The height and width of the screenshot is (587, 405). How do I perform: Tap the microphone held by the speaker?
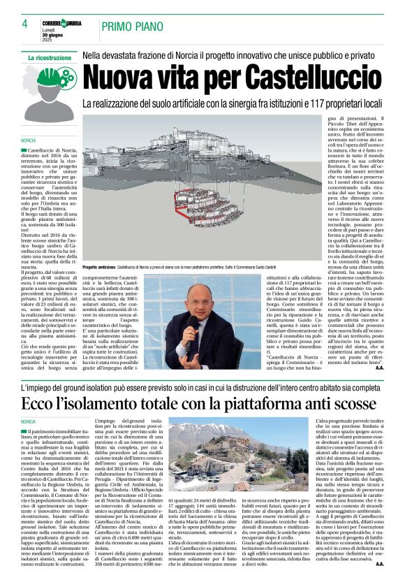[x=191, y=325]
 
